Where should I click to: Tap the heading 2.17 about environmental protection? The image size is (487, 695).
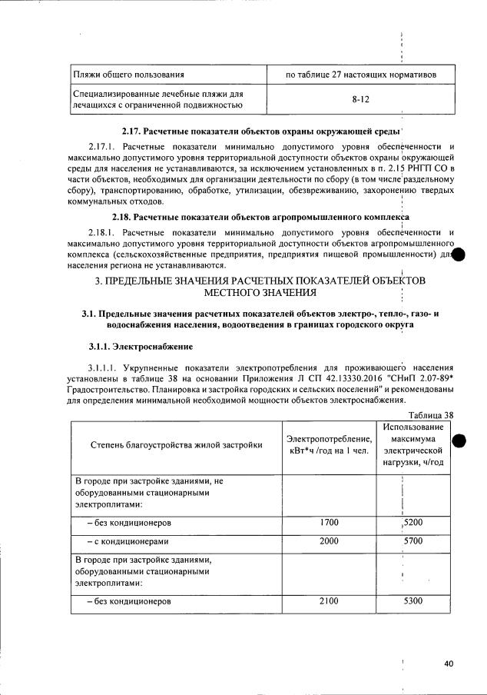pyautogui.click(x=257, y=131)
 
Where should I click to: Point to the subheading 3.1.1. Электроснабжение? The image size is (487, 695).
pyautogui.click(x=134, y=347)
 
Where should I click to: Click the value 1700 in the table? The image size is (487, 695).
pyautogui.click(x=329, y=523)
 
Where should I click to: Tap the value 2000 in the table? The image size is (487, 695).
pyautogui.click(x=329, y=540)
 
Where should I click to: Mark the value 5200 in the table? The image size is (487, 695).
pyautogui.click(x=413, y=523)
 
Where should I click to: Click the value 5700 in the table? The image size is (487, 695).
pyautogui.click(x=413, y=540)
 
